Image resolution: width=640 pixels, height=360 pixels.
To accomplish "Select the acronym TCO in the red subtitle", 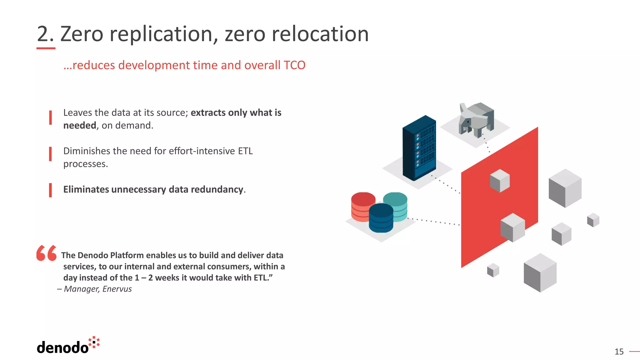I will click(x=294, y=65).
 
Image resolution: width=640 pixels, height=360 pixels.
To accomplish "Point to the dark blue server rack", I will click(x=419, y=148).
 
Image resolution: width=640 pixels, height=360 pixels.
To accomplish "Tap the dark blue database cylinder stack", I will click(x=381, y=218).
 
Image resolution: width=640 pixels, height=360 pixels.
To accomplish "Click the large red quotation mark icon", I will click(x=46, y=253).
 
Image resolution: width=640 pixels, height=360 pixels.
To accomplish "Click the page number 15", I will click(x=619, y=352).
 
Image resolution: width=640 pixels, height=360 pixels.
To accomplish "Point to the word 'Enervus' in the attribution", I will click(x=117, y=289).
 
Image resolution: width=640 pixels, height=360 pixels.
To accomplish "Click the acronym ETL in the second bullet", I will click(x=245, y=151).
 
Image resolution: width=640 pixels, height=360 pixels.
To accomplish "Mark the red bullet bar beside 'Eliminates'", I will click(x=50, y=190).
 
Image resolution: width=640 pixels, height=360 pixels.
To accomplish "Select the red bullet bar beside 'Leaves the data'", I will click(x=50, y=117).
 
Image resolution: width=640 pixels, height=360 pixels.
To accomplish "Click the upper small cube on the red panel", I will click(x=500, y=181).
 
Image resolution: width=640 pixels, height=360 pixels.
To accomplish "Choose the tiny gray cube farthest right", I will click(x=593, y=220).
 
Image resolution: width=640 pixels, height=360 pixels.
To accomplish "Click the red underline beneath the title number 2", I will click(x=46, y=48).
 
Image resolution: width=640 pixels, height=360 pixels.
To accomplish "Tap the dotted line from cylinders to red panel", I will click(x=434, y=221).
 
